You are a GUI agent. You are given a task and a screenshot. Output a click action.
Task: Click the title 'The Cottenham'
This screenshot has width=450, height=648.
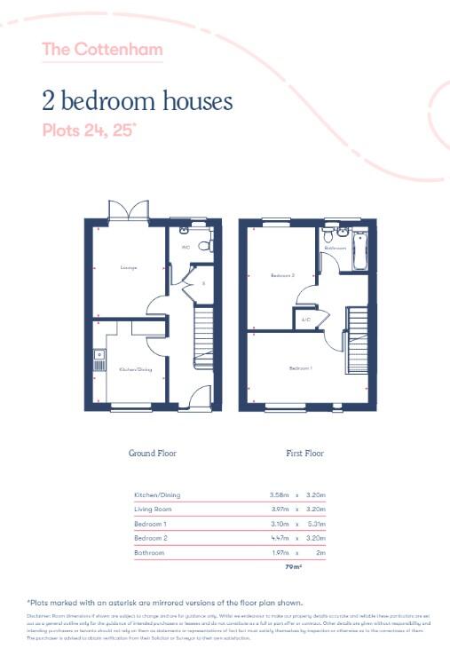point(102,49)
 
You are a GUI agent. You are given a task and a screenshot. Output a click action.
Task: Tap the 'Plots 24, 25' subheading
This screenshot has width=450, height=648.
point(89,130)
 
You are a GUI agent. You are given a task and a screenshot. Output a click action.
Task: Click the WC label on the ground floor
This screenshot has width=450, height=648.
point(186,247)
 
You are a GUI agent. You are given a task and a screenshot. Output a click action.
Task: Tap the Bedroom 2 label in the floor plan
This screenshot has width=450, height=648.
point(282,276)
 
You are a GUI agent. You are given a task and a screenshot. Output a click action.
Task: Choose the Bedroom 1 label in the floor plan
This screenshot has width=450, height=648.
point(300,367)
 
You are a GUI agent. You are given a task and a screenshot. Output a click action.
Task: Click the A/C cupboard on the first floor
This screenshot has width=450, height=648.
point(305,319)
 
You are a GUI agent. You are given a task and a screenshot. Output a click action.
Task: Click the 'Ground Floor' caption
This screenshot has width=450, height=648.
point(153,453)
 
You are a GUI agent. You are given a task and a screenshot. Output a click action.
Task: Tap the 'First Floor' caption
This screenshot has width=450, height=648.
point(304,453)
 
